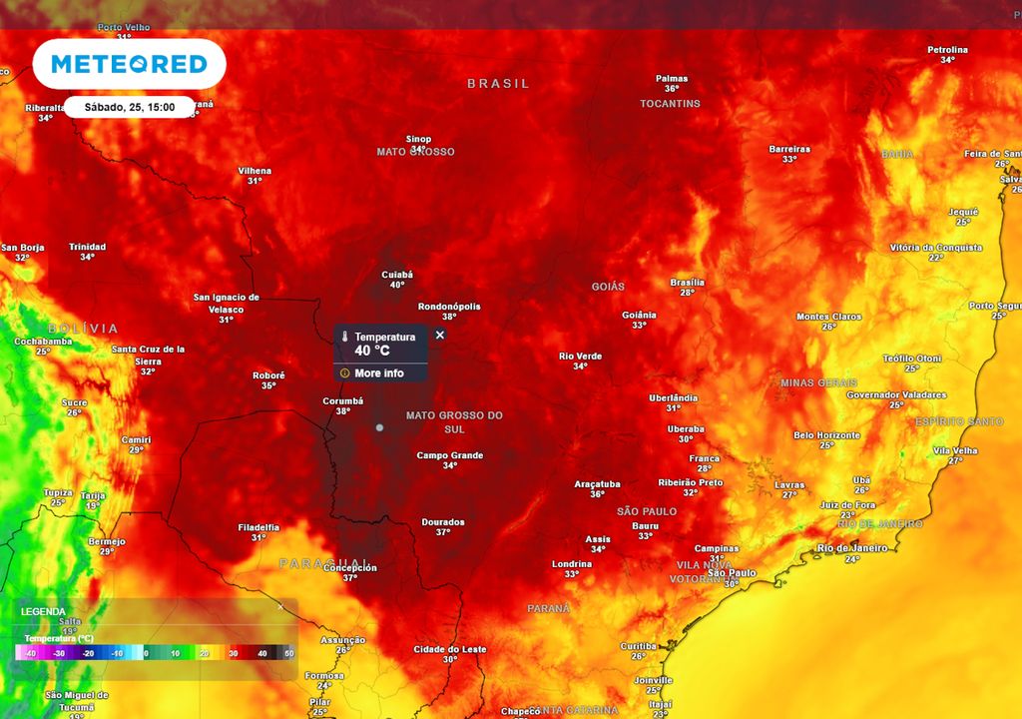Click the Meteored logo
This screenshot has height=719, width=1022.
coord(129,65)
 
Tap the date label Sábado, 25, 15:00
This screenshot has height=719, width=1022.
coord(130,107)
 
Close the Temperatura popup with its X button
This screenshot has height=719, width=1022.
coord(440,336)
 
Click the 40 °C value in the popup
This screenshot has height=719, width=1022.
coord(372,351)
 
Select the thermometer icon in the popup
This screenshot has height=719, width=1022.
coord(344,338)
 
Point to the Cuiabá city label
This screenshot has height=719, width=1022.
coord(397,274)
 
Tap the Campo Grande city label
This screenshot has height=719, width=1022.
coord(450,455)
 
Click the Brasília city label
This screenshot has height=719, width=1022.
coord(687,282)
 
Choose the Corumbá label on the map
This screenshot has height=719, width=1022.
coord(342,400)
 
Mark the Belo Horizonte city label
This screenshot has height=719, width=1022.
coord(826,435)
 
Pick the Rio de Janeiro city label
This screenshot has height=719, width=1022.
coord(851,547)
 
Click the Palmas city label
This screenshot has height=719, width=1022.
coord(672,78)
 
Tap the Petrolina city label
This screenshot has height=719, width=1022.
coord(947,50)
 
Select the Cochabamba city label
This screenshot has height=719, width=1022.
coord(43,341)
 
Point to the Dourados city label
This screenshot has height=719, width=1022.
coord(443,521)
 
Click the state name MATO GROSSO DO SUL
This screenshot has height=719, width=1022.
coord(454,421)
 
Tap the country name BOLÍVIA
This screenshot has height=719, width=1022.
coord(83,329)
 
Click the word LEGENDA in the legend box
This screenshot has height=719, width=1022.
coord(43,611)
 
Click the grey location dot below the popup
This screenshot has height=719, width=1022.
coord(379,427)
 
